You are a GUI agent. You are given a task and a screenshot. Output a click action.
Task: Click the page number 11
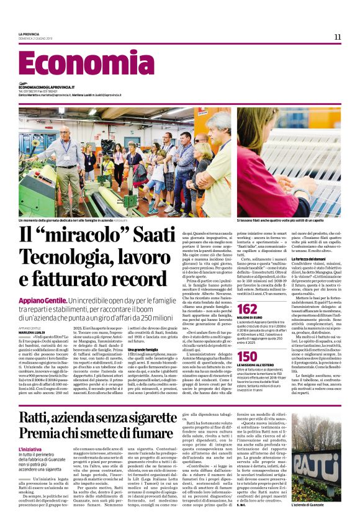click(x=338, y=37)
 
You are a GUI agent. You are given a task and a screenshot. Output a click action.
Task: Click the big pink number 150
click(x=247, y=356)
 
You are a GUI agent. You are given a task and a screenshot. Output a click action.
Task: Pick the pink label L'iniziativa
click(x=30, y=448)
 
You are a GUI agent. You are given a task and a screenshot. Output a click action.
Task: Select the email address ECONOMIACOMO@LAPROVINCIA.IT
click(x=47, y=88)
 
